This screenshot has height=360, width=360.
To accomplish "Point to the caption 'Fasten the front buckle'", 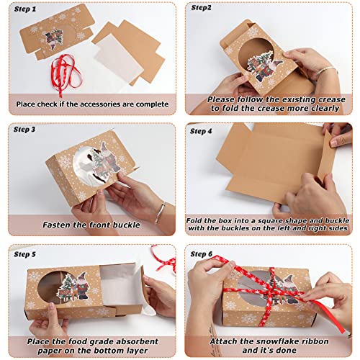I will click(91, 224).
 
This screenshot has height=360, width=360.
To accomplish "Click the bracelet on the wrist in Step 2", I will click(326, 73).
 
